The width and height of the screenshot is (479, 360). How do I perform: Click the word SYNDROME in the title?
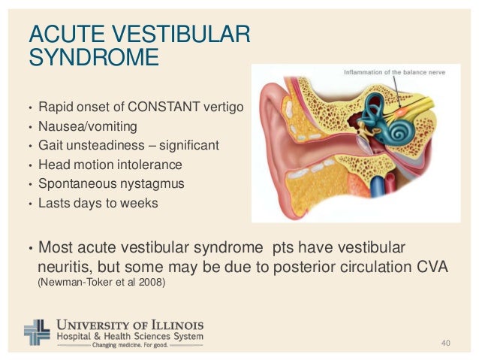[93, 57]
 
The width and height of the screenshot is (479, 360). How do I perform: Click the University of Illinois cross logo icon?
[38, 331]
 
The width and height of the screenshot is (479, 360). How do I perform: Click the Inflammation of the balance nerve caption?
[400, 72]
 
